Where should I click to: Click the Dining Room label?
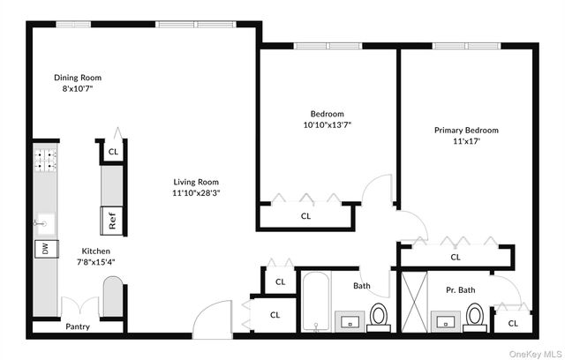78,78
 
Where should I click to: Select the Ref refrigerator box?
113,221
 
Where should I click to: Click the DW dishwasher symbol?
41,250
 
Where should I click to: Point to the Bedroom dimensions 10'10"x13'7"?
327,124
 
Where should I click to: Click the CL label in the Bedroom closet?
306,215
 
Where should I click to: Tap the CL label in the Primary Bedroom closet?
456,258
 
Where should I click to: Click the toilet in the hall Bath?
379,315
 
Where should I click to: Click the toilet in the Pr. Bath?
475,315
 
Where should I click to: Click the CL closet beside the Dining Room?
113,152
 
